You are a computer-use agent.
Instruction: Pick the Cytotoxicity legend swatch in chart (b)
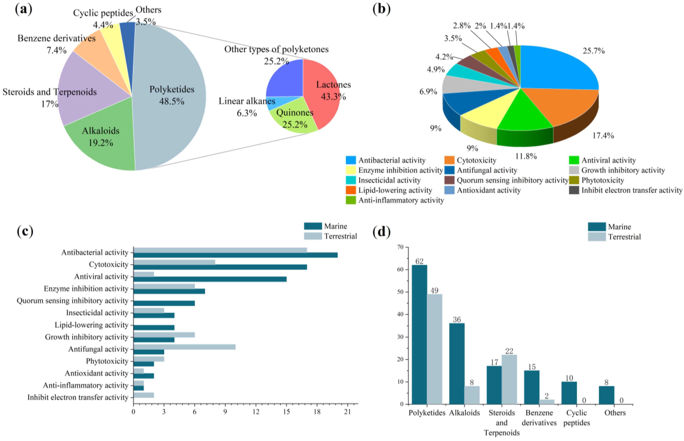pos(449,160)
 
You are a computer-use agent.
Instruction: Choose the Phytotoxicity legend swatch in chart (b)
pos(574,180)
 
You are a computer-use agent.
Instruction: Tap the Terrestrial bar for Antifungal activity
pos(184,347)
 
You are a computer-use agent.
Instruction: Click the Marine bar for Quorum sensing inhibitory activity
pos(164,303)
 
